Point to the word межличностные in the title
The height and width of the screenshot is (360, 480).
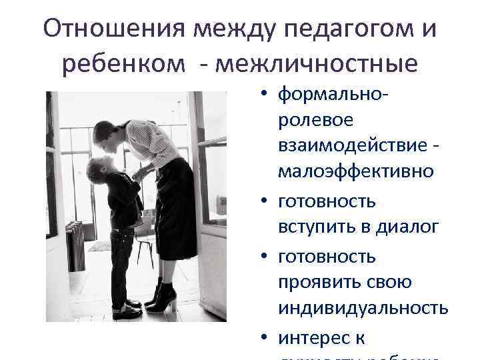[x=321, y=65]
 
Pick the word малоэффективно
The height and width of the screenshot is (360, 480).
[x=356, y=172]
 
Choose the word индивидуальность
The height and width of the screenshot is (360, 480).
[x=363, y=309]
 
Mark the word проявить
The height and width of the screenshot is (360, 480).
[x=322, y=283]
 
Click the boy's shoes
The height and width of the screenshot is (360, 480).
[x=127, y=308]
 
